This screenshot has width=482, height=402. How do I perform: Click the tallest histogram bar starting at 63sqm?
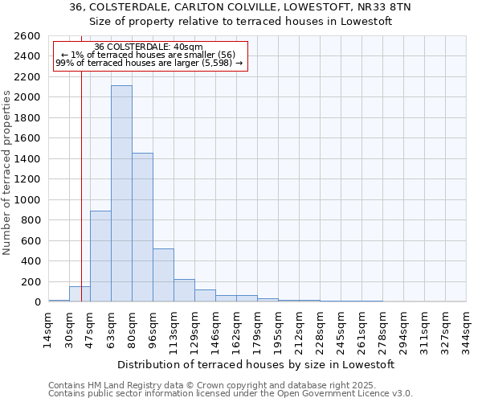121,193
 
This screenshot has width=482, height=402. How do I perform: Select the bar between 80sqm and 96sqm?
142,228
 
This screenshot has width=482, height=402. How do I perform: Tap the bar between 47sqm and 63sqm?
100,256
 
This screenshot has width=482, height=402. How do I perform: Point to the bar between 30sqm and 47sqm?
80,294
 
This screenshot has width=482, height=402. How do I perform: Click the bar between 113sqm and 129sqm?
184,290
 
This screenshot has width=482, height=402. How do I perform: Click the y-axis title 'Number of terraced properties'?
8,173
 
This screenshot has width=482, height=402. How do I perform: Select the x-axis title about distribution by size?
256,364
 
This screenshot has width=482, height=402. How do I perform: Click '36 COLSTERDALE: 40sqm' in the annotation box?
149,47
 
